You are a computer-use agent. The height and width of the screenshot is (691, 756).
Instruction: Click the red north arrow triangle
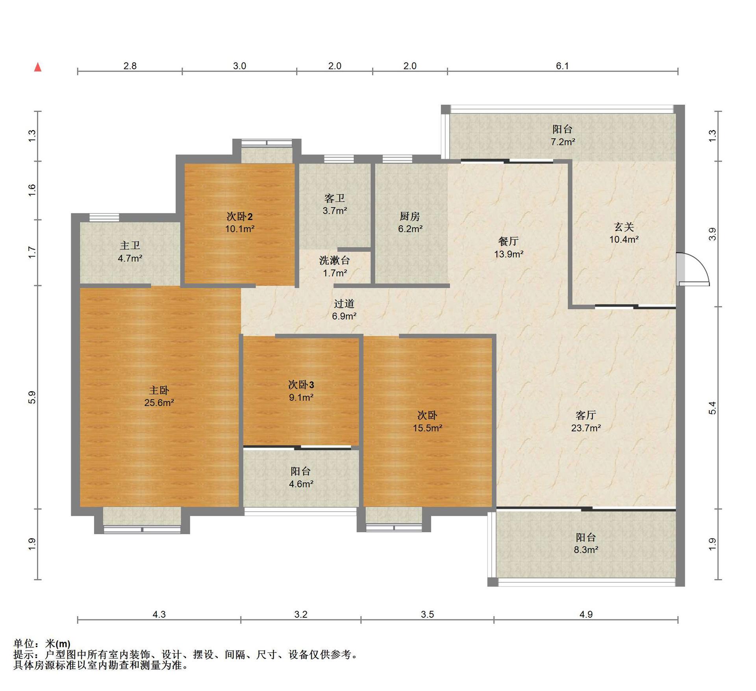[x=38, y=67]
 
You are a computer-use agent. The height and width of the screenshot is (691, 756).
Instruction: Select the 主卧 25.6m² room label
[x=159, y=396]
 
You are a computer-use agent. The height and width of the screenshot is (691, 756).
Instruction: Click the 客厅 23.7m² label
[x=586, y=422]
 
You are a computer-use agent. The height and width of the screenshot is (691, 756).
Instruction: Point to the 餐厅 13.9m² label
[x=509, y=247]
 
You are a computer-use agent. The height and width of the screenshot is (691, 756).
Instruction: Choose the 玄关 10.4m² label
[x=624, y=233]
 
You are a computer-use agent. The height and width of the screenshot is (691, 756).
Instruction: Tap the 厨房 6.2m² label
[x=410, y=223]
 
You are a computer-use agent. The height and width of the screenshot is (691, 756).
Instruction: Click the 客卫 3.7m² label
[x=335, y=204]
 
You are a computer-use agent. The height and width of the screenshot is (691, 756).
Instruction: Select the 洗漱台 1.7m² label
[x=335, y=267]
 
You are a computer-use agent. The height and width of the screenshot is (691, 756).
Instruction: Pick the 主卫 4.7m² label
[x=130, y=252]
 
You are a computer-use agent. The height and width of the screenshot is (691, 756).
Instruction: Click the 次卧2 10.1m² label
[x=240, y=223]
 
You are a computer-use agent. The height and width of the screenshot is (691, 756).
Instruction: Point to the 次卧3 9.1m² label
[x=301, y=391]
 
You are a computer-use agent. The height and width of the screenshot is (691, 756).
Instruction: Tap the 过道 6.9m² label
[x=344, y=310]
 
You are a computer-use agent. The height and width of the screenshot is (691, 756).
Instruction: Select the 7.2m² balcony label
[x=563, y=135]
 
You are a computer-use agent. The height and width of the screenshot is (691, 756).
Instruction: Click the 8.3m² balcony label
[x=586, y=543]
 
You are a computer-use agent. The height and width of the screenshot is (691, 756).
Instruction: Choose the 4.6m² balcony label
[x=301, y=477]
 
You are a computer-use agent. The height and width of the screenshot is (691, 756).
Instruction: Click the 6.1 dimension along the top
[x=562, y=66]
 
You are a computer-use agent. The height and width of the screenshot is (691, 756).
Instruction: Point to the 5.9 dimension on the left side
[x=32, y=397]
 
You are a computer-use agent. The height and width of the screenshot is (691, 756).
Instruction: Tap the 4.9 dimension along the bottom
[x=586, y=614]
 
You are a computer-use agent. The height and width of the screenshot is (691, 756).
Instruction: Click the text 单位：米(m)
[x=42, y=644]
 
